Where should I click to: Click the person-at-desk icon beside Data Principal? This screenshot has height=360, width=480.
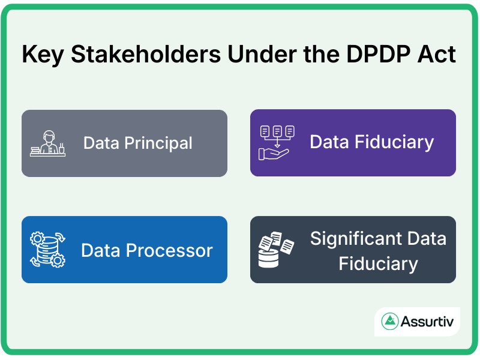tap(48, 143)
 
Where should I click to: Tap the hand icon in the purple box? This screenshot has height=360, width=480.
tap(274, 153)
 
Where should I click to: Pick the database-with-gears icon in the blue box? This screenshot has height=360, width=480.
tap(47, 250)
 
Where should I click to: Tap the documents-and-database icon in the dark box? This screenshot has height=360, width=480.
tap(276, 249)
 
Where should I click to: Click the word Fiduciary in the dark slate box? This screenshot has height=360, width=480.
tap(378, 263)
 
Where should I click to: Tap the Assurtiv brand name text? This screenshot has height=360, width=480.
tap(429, 322)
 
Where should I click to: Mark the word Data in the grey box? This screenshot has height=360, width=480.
tap(102, 143)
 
